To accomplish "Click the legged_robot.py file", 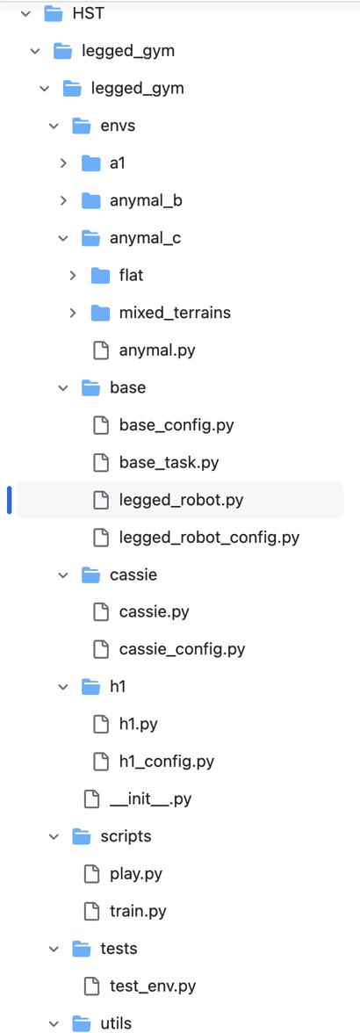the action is point(181,500).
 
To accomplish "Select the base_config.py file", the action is point(176,425).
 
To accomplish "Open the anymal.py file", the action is point(156,350).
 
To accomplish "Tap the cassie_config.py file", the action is point(182,649).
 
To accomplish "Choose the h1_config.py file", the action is point(167,762).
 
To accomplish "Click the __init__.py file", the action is point(150,799).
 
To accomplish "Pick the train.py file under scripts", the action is point(138,911).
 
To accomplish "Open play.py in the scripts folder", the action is point(135,874).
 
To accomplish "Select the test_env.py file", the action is point(153,986).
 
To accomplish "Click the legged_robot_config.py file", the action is point(209,538).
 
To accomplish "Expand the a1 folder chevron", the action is point(63,163).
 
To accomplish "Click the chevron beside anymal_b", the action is point(63,201).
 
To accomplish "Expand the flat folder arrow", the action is point(73,276).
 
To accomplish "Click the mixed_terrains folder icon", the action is point(101,313).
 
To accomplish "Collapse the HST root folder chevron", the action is point(25,13).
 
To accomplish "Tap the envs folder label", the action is point(118,125).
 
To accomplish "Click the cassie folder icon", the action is point(90,574).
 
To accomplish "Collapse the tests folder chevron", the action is point(54,949).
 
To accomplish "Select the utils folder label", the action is point(116,1023).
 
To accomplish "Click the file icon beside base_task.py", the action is point(101,462).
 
